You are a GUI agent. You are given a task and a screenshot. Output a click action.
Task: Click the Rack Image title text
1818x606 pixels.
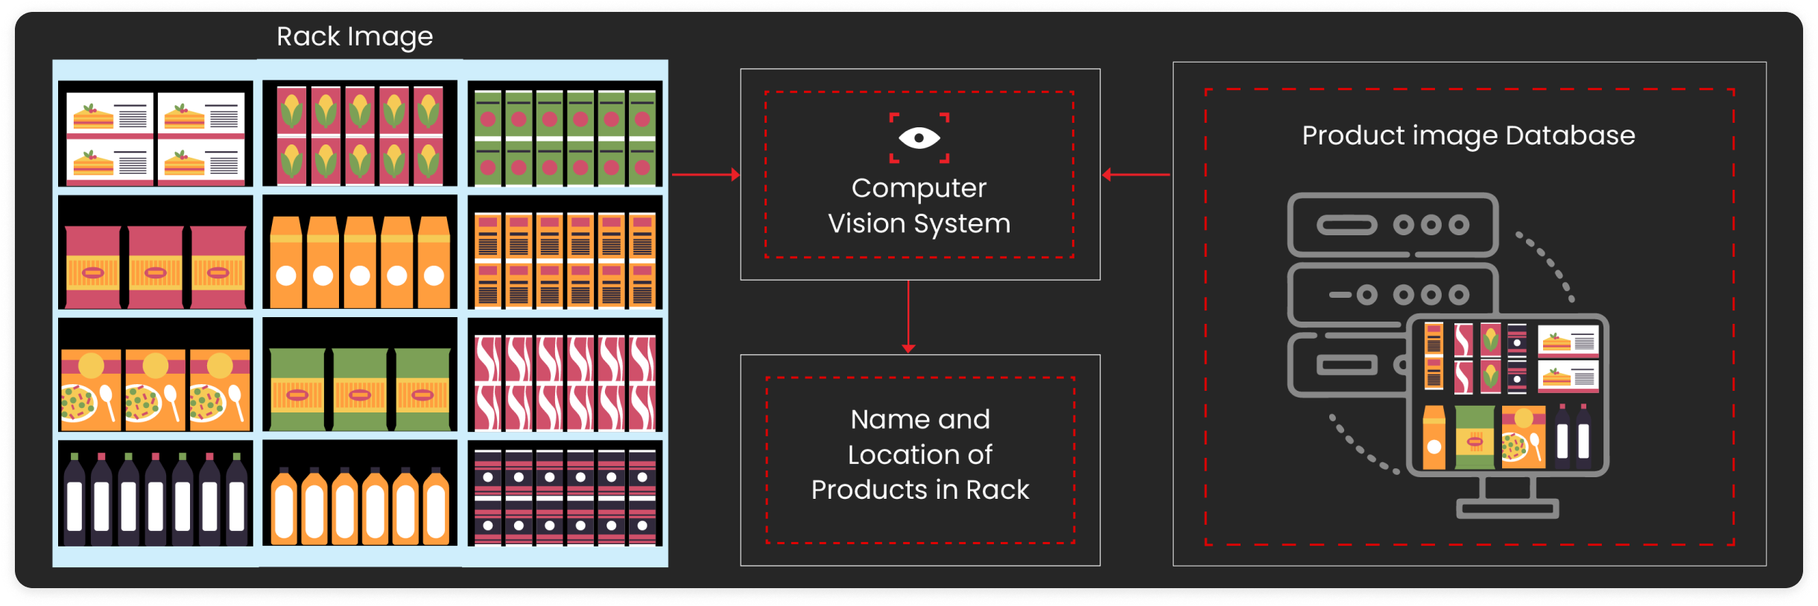coord(355,36)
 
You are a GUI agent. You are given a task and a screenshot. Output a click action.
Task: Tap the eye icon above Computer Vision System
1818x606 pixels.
coord(919,138)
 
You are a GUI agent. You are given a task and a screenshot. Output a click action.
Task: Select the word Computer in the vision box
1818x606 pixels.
coord(919,188)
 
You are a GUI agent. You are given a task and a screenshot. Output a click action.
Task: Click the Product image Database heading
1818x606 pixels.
coord(1468,135)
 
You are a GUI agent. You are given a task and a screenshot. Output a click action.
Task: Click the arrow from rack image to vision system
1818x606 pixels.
coord(705,175)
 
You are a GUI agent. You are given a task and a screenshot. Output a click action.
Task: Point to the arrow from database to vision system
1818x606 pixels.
coord(1136,175)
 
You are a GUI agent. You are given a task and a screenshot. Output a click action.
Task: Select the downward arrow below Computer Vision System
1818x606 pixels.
coord(908,316)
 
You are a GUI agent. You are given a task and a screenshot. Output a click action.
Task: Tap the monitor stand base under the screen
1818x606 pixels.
coord(1507,510)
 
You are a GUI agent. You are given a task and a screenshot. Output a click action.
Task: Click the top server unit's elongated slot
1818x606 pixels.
coord(1347,225)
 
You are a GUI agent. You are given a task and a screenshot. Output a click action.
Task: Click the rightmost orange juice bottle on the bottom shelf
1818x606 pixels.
coord(436,506)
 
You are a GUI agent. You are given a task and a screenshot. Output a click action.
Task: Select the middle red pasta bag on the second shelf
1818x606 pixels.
coord(155,267)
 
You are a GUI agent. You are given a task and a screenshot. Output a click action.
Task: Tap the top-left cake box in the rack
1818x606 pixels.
coord(110,115)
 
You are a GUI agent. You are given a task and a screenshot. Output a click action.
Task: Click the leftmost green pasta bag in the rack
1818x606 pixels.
coord(297,389)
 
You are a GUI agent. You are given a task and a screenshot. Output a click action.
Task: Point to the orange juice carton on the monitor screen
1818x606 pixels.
coord(1434,438)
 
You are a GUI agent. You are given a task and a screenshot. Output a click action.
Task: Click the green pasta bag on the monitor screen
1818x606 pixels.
coord(1475,438)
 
